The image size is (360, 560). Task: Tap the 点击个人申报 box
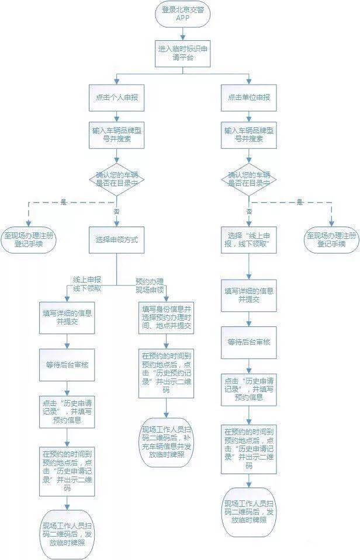[117, 97]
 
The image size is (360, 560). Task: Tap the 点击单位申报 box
[249, 97]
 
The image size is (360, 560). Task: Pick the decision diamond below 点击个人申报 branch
[117, 179]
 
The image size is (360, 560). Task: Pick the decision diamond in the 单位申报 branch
[249, 179]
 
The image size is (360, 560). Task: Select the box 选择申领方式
[117, 239]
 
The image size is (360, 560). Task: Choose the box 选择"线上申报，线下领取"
[249, 239]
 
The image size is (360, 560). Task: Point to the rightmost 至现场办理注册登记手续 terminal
[331, 239]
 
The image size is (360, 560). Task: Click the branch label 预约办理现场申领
[150, 284]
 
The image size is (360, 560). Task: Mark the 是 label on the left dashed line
[63, 202]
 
